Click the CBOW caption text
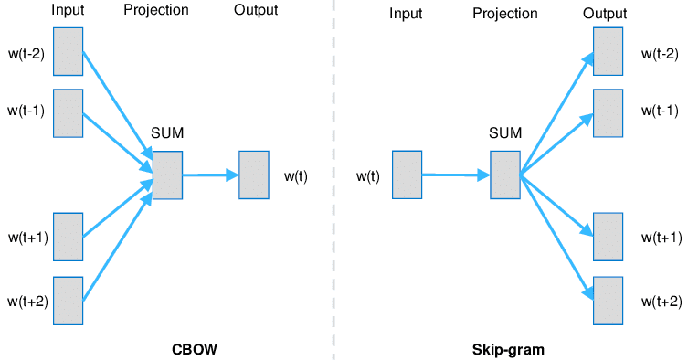tap(195, 349)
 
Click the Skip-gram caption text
tap(507, 349)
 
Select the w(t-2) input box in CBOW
tap(69, 51)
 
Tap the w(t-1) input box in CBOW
tap(69, 112)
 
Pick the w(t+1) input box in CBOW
tap(69, 237)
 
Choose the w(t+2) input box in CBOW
tap(69, 301)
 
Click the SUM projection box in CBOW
tap(167, 175)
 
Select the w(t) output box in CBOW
tap(253, 175)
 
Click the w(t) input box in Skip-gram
tap(407, 175)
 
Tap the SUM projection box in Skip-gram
tap(504, 175)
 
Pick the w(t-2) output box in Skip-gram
tap(608, 51)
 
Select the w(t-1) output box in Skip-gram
tap(608, 112)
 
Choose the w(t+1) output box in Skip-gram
tap(608, 237)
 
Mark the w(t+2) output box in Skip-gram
tap(608, 301)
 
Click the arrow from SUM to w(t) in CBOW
tap(209, 175)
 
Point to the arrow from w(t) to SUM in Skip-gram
tap(455, 175)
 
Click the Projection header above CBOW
tap(156, 11)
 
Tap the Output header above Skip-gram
tap(605, 14)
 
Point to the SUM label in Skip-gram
tap(504, 133)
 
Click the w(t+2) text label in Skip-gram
tap(660, 301)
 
